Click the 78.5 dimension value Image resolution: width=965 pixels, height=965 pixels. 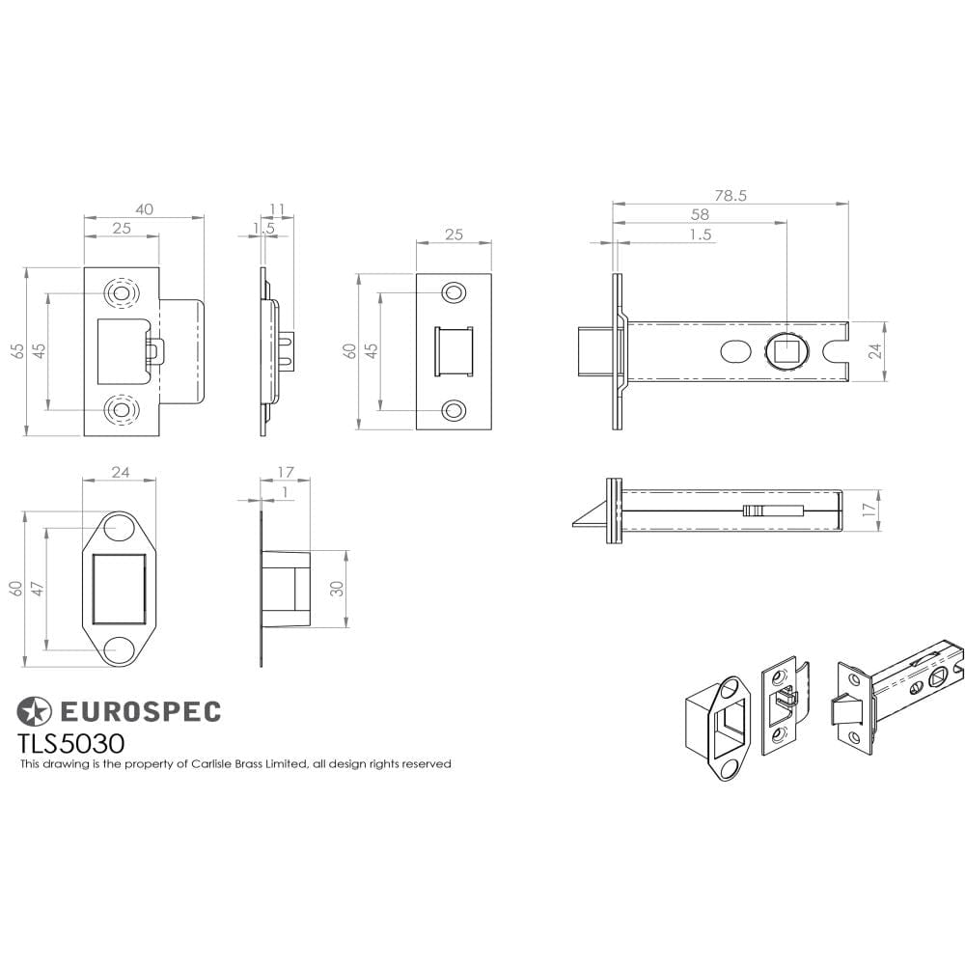(731, 195)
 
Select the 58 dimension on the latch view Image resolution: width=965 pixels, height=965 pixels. (700, 214)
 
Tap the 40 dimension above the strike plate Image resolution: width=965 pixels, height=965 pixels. (144, 209)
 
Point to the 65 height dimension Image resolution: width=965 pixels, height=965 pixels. (17, 350)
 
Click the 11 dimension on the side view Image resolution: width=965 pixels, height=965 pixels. (278, 209)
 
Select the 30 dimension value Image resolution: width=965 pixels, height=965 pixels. (337, 589)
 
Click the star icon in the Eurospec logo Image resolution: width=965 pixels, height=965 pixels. (35, 712)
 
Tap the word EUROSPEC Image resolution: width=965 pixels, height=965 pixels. (141, 712)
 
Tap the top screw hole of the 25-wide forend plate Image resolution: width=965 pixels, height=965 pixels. (452, 292)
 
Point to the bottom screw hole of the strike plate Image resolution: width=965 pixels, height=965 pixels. (122, 411)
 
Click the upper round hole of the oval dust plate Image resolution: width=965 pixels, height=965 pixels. (118, 529)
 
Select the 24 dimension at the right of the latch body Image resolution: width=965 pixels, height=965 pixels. (875, 351)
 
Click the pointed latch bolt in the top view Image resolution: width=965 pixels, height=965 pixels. (586, 521)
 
